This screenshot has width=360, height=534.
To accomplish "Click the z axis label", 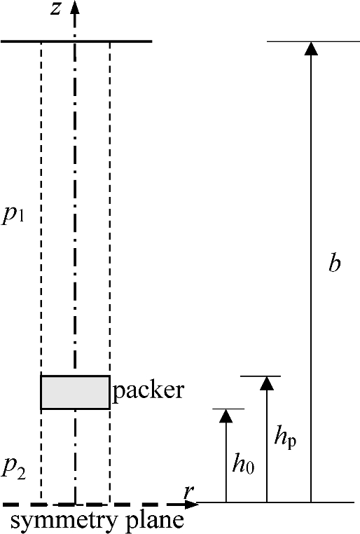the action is pos(55,9).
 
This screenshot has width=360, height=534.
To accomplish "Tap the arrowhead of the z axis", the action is pos(75,7).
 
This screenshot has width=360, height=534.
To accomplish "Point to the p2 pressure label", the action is pos(13,469).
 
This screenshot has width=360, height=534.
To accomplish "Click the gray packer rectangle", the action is pos(75,392).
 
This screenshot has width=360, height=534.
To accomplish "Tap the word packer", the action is pos(148,390).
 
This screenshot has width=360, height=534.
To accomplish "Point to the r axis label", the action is pos(188,493).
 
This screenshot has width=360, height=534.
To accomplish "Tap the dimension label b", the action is pos(335,263).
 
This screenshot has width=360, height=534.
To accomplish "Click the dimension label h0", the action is pos(243,463).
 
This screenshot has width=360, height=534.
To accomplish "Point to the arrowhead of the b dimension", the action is pos(311,48).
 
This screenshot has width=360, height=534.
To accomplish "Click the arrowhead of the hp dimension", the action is pos(267,383).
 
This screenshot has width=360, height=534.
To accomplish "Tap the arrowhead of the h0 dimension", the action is pos(226,416).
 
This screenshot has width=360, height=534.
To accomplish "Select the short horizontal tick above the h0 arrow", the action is pos(228,409).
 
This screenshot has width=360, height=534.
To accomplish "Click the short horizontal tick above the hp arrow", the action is pos(261,376).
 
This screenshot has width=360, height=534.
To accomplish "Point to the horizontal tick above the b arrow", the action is pos(313,41).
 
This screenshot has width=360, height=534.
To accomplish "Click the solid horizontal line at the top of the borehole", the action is pos(76,41).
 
